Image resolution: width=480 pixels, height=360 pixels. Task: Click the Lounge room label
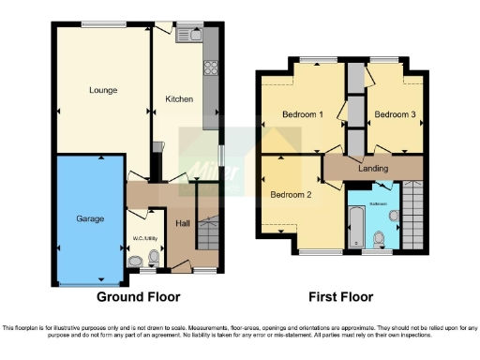tap(103, 91)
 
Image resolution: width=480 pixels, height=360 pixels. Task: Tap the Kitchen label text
tap(179, 98)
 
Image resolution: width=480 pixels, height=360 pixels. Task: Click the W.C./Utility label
tap(142, 224)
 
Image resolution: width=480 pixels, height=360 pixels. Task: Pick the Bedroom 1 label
tap(303, 115)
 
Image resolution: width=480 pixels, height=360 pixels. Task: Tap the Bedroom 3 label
tap(393, 115)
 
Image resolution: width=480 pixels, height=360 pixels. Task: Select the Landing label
tap(374, 169)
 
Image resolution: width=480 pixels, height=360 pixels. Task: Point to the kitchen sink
tap(194, 37)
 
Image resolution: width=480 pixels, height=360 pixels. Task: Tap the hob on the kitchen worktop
tap(211, 68)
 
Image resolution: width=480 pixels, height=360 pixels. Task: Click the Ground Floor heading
tap(139, 297)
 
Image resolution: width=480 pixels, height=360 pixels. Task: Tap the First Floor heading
tap(342, 297)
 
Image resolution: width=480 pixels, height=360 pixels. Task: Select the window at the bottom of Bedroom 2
tap(312, 253)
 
